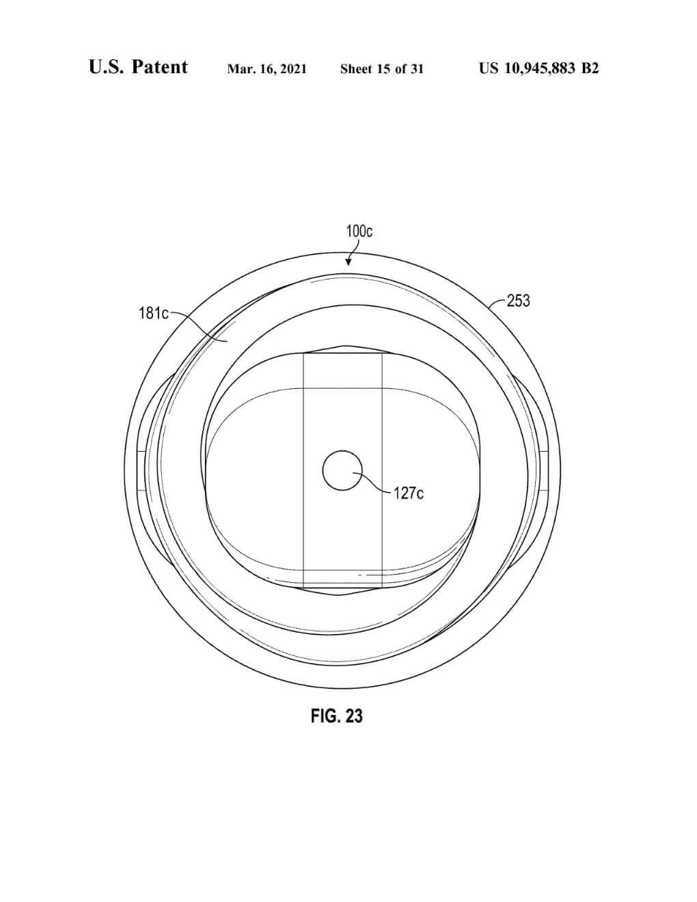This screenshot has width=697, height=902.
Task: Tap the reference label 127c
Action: (x=409, y=494)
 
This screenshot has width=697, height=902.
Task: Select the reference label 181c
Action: (x=154, y=314)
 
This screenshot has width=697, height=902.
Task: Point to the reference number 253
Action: (x=519, y=301)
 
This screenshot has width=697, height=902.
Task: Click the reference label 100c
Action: (x=359, y=231)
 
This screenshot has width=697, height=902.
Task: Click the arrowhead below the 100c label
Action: (x=348, y=262)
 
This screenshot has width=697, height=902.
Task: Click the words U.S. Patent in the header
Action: (x=138, y=67)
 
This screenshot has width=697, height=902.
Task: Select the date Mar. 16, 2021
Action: (x=267, y=69)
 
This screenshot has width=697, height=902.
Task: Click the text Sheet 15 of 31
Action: (x=382, y=69)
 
